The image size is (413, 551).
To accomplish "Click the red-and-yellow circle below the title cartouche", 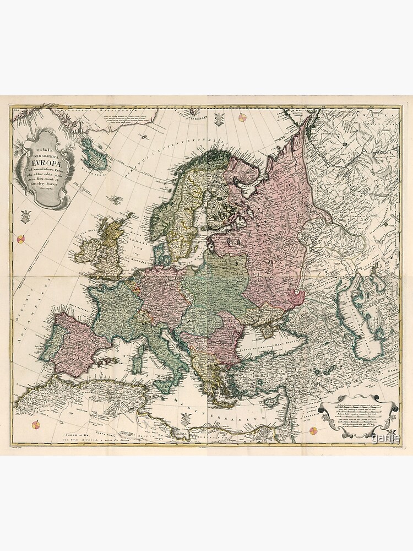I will click(21, 239).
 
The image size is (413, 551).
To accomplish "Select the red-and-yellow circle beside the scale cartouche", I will click(313, 431).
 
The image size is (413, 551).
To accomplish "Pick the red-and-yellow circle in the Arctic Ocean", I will click(242, 116).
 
